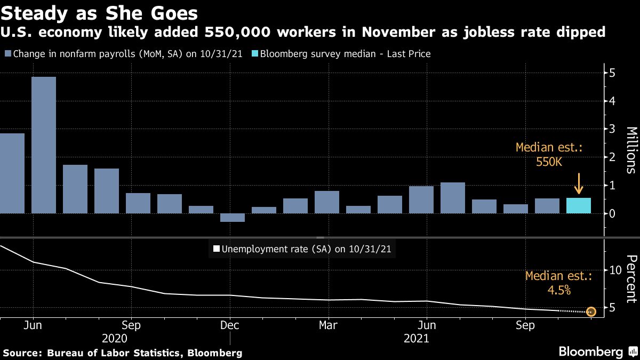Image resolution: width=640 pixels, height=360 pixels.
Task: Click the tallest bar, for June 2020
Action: click(x=44, y=145)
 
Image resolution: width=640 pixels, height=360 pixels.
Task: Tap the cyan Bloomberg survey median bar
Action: click(x=579, y=206)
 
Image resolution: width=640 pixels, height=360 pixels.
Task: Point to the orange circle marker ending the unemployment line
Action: click(x=591, y=311)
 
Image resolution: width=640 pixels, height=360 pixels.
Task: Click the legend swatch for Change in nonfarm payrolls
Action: click(x=7, y=54)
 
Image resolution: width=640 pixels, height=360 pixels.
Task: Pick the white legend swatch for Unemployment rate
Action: click(x=216, y=249)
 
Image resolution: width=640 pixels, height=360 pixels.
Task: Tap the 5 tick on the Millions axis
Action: click(x=613, y=73)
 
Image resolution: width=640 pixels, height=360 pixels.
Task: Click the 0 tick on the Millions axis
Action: click(x=613, y=214)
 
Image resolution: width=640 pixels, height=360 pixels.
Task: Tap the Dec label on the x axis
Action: click(x=229, y=325)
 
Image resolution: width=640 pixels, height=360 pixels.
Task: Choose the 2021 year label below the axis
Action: click(x=417, y=338)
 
